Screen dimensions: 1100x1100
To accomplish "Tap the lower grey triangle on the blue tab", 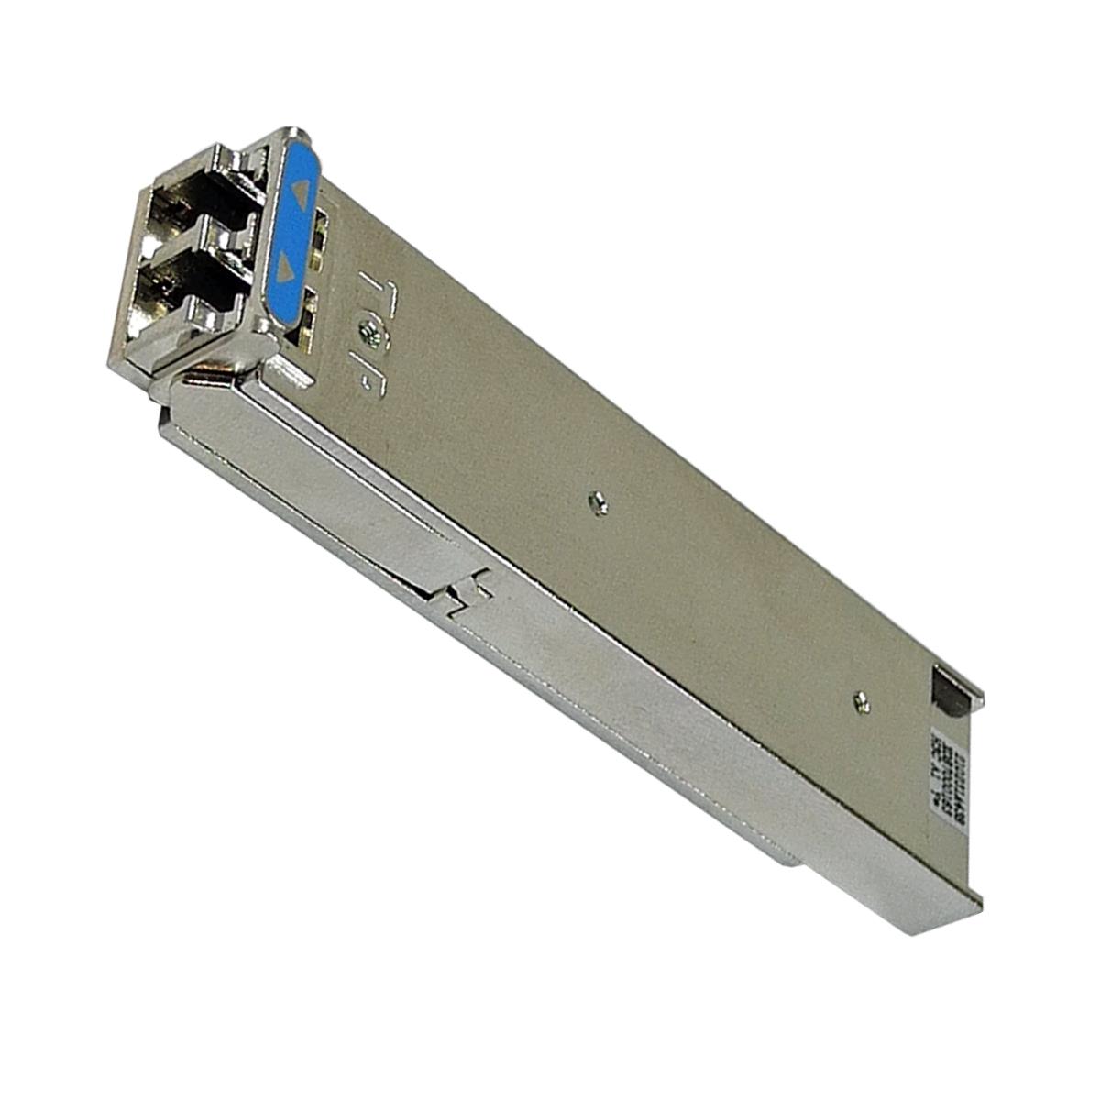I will coord(287,268).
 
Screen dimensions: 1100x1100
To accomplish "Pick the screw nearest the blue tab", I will coord(372,324).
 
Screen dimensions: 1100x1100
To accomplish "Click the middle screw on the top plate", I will coord(599,501).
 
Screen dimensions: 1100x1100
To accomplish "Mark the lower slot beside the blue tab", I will coord(306,316).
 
